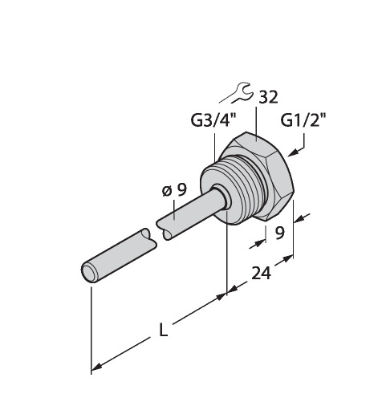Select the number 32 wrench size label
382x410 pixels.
pos(268,97)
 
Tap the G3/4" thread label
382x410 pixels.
pos(213,120)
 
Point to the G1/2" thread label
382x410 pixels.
pos(303,120)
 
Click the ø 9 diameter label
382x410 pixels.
pos(174,190)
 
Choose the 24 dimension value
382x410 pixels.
pos(261,274)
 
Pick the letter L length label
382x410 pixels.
pos(163,330)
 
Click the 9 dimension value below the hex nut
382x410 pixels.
pos(279,233)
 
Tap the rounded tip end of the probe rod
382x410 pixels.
pos(89,272)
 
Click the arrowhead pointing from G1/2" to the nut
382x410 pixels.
pos(293,153)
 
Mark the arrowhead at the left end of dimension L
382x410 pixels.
pos(97,367)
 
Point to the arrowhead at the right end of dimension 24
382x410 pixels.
pos(288,259)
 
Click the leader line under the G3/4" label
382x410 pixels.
pos(215,148)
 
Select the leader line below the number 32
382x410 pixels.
pos(256,124)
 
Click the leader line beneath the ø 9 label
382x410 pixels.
pos(174,210)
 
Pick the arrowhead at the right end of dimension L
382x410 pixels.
pos(221,296)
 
